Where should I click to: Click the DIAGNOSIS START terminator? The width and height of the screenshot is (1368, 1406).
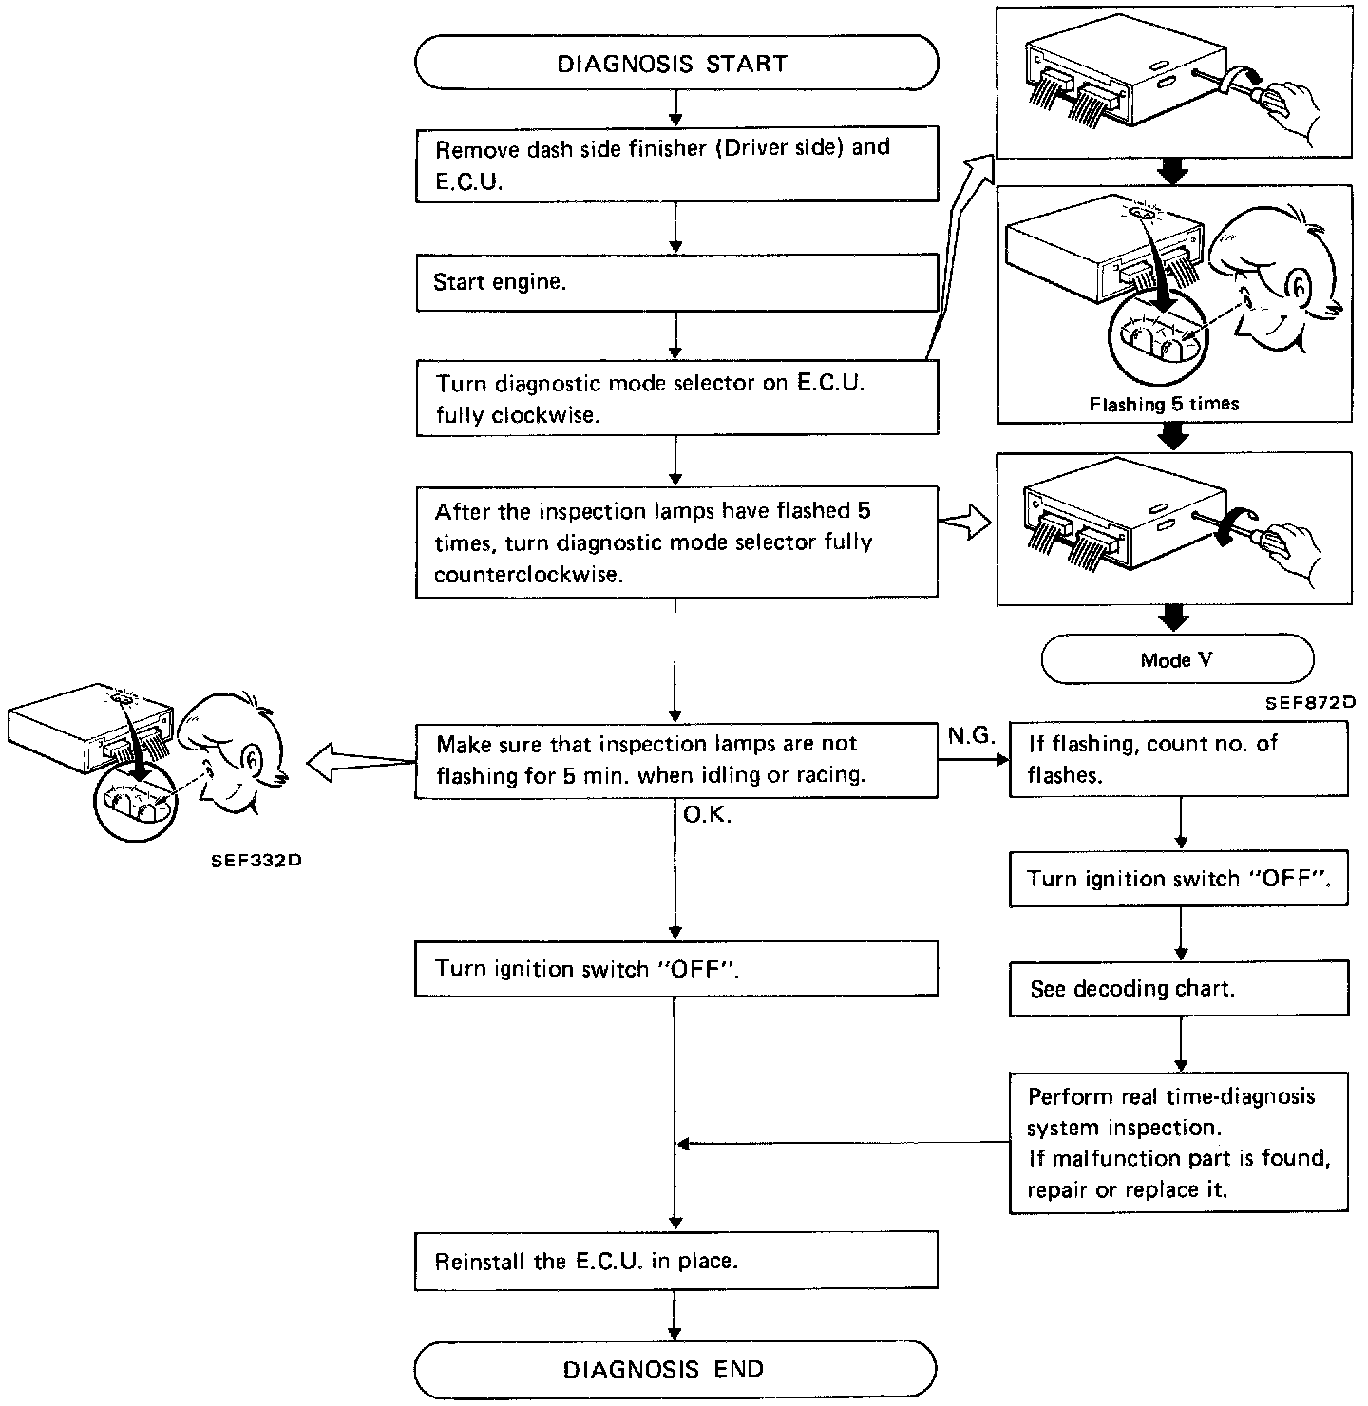(676, 64)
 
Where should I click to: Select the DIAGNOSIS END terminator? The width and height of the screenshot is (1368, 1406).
(676, 1369)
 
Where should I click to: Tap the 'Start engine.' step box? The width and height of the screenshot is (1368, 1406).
(676, 283)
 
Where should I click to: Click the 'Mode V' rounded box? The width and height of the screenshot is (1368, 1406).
(1177, 660)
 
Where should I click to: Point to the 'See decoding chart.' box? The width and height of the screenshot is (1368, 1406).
(1179, 989)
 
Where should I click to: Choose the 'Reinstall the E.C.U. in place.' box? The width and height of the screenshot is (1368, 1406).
(676, 1261)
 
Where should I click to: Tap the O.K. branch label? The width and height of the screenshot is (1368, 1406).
(708, 815)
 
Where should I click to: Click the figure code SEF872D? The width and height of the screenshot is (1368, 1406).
(1309, 704)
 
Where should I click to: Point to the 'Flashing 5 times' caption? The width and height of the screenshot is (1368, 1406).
(1164, 404)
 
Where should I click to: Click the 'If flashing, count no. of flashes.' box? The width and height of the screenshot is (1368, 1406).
(1179, 759)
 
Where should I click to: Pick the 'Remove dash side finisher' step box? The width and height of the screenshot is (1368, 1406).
(676, 164)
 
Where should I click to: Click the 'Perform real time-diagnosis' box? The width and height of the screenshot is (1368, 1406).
(1179, 1143)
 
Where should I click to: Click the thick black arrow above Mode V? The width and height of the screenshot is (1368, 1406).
(1175, 617)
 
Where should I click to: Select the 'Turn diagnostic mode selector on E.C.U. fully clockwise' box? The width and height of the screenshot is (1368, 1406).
(676, 400)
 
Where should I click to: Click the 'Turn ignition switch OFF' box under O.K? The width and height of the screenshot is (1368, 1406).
(676, 969)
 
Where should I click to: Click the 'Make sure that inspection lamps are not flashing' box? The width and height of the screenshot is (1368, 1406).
(676, 760)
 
